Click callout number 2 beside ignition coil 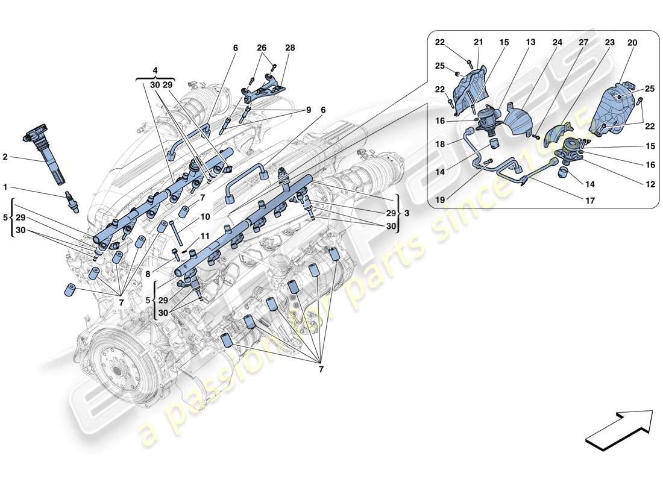(5, 157)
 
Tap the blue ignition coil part (43, 148)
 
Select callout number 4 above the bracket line (155, 70)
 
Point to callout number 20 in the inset (632, 43)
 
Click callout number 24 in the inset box (557, 43)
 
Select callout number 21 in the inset (478, 43)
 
